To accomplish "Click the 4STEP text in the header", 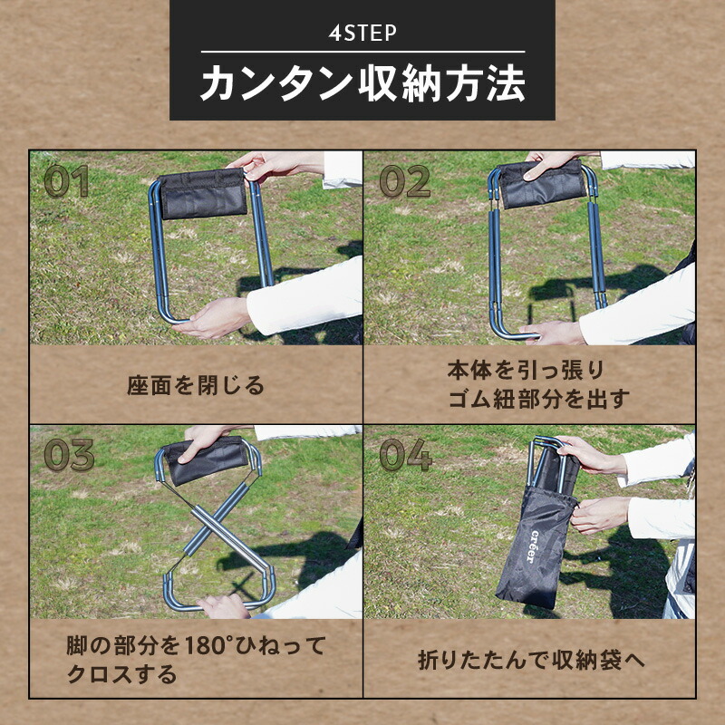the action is pyautogui.click(x=362, y=33).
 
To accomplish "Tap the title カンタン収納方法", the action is pyautogui.click(x=363, y=83).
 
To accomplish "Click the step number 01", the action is pyautogui.click(x=66, y=180).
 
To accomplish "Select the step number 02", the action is pyautogui.click(x=404, y=180).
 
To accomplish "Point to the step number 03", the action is pyautogui.click(x=70, y=455).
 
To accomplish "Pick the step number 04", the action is pyautogui.click(x=405, y=455).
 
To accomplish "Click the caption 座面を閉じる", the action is pyautogui.click(x=196, y=385).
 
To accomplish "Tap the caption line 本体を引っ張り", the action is pyautogui.click(x=526, y=371).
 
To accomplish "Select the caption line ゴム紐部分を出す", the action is pyautogui.click(x=539, y=399).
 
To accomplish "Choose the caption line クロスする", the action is pyautogui.click(x=122, y=674).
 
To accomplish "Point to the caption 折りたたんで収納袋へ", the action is pyautogui.click(x=531, y=660).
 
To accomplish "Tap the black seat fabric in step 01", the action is pyautogui.click(x=202, y=193).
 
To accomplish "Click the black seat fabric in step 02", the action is pyautogui.click(x=542, y=184).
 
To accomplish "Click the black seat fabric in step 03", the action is pyautogui.click(x=207, y=460).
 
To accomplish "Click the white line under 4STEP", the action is pyautogui.click(x=363, y=52).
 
